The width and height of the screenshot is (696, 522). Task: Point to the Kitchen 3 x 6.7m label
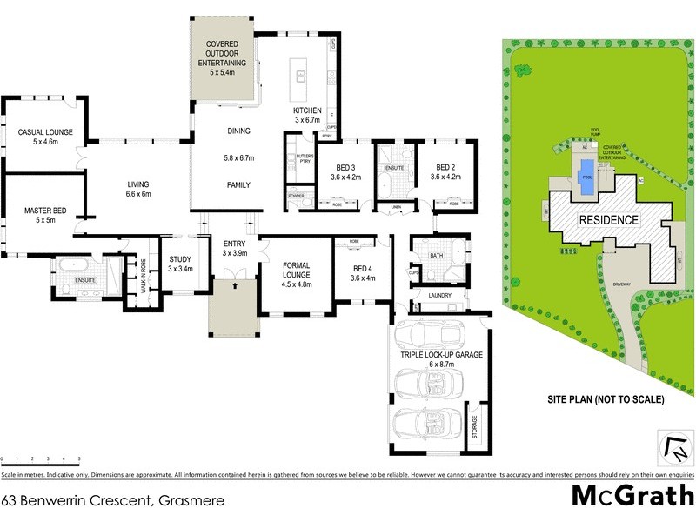(307, 116)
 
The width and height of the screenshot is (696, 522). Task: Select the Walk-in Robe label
(133, 280)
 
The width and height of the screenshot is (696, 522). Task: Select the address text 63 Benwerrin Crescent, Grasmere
(114, 500)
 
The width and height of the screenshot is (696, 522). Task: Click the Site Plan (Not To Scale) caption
(606, 400)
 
